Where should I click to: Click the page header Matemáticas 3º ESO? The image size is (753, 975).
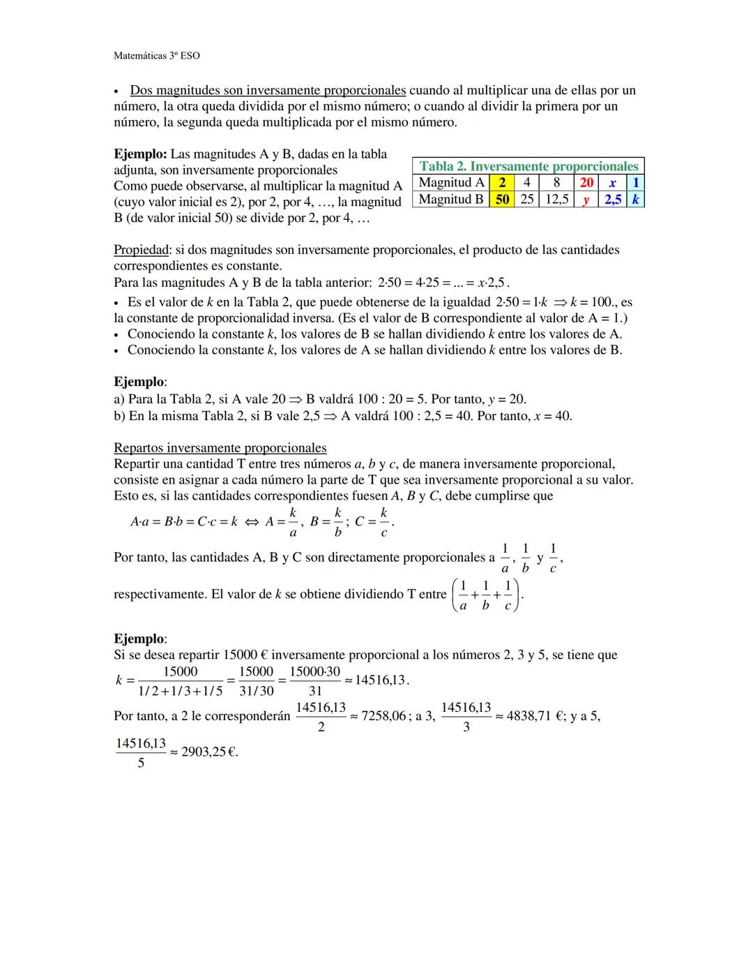tap(156, 55)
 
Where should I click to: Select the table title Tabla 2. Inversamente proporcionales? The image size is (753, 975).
tap(528, 166)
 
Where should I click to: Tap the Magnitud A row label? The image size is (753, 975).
tap(451, 183)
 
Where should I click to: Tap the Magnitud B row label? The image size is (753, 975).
tap(451, 200)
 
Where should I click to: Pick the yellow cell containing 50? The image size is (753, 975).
tap(503, 200)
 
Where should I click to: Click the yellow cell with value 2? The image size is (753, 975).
tap(503, 183)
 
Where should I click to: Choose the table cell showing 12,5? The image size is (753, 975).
tap(556, 200)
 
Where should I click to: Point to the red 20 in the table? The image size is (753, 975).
tap(586, 183)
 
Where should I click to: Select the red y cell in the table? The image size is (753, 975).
tap(586, 200)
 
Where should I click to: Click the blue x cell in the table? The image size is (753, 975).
tap(612, 183)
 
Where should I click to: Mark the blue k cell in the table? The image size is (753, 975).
tap(635, 200)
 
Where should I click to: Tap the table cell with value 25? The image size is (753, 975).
tap(527, 200)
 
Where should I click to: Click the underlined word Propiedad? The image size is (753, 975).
tap(141, 250)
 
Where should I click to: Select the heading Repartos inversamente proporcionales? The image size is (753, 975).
tap(220, 448)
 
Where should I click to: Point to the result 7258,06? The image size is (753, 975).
tap(383, 717)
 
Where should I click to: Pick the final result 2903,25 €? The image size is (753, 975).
tap(209, 753)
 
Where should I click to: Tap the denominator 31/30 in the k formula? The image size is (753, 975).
tap(256, 690)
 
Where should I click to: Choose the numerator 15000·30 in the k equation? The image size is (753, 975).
tap(314, 672)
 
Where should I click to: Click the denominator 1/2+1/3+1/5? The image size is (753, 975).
tap(180, 690)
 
